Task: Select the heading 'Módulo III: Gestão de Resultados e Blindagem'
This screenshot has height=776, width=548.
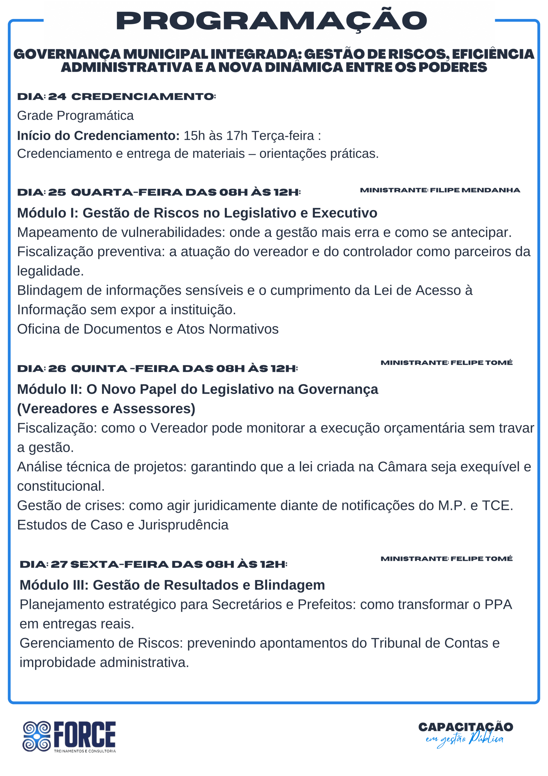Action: [172, 585]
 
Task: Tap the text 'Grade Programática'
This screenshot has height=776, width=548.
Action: [75, 115]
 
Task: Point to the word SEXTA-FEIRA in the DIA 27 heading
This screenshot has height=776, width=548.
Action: [119, 564]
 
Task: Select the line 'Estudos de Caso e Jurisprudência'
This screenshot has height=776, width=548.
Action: [123, 525]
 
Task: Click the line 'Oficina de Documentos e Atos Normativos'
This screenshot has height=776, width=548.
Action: [147, 329]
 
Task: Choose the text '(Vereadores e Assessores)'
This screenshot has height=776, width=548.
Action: [106, 409]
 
